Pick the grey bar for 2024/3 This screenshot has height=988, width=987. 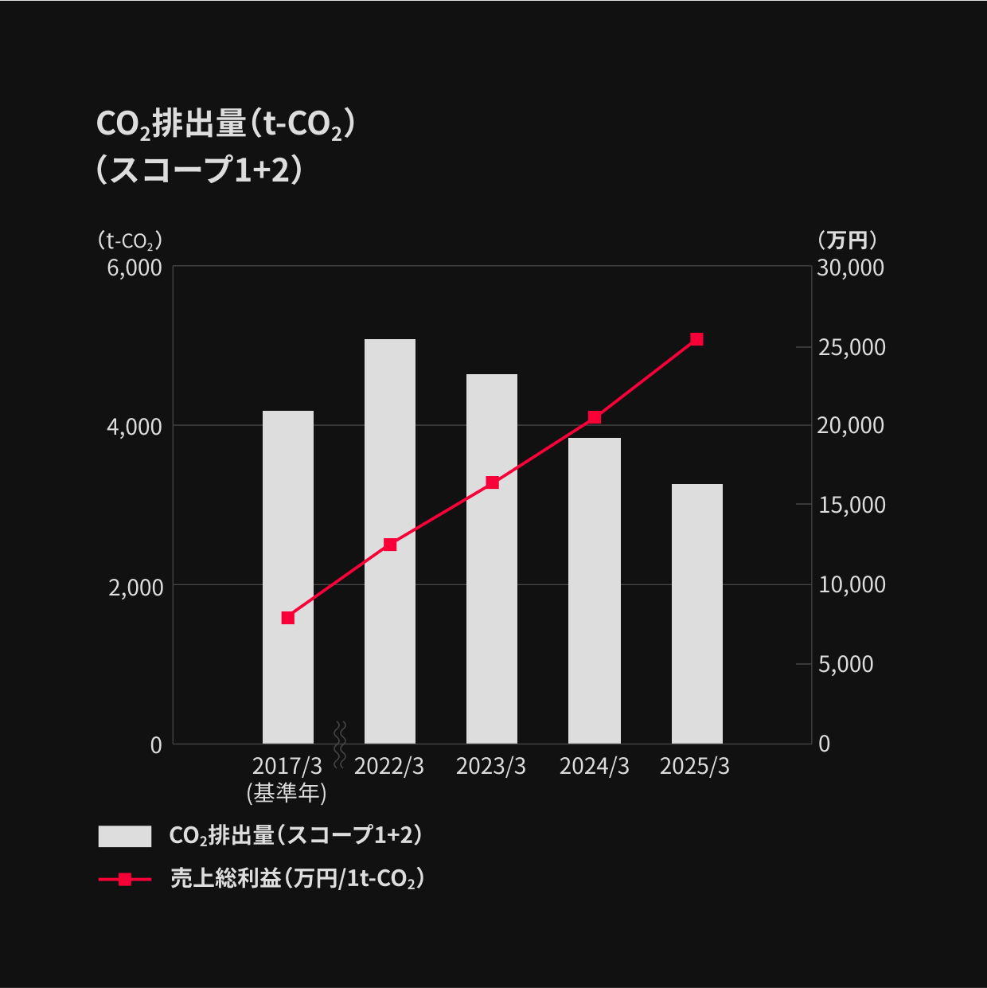click(x=595, y=589)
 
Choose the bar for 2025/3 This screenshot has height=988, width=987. click(x=697, y=613)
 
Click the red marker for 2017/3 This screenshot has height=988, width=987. click(x=288, y=618)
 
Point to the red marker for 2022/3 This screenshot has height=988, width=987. click(x=390, y=545)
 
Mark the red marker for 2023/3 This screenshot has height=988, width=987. click(x=493, y=482)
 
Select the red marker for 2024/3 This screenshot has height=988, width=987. click(x=595, y=417)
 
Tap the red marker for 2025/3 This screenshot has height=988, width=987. click(x=697, y=339)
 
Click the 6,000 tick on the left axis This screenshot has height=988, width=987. click(x=135, y=268)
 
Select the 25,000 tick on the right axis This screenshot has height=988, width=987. click(x=852, y=347)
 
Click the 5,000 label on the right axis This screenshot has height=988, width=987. click(x=845, y=664)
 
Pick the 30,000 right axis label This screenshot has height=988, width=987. click(x=850, y=268)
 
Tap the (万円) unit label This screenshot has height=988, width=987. click(x=847, y=240)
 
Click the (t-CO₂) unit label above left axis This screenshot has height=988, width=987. click(x=130, y=240)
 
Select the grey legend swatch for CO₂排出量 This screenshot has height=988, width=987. click(x=125, y=836)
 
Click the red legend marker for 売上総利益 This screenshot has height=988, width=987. click(x=125, y=880)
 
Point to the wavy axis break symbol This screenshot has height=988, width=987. click(x=340, y=744)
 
